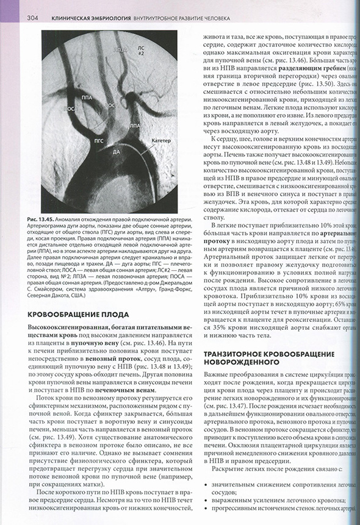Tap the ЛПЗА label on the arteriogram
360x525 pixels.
(119, 49)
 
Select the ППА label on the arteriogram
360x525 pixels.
(85, 97)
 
